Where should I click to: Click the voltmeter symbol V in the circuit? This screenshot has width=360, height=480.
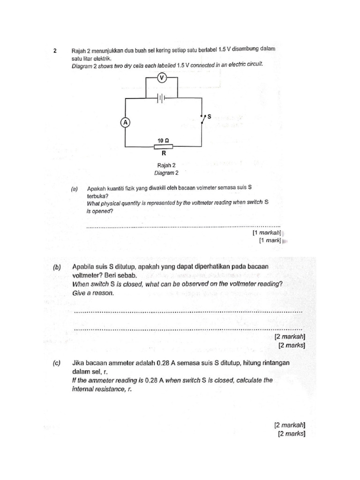pos(162,78)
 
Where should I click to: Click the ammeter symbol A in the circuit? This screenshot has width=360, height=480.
pos(125,122)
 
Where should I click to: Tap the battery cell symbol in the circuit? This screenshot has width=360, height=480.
pos(162,98)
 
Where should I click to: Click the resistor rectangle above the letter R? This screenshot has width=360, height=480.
pos(163,146)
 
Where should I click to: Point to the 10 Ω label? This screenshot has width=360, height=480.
pos(163,140)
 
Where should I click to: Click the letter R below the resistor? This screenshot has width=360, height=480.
pos(164,153)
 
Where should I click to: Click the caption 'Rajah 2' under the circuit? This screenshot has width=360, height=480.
pos(167,165)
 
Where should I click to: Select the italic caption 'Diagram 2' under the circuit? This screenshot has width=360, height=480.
pos(167,173)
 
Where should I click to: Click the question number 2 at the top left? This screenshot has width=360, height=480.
pos(55,50)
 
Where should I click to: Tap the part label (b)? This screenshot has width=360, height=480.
pos(57,267)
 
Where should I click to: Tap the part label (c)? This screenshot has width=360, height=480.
pos(57,363)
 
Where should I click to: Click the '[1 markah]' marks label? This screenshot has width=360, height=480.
pos(266,232)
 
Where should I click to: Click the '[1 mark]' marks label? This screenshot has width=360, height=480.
pos(270,240)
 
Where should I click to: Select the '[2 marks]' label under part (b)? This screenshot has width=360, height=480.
pos(291,345)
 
